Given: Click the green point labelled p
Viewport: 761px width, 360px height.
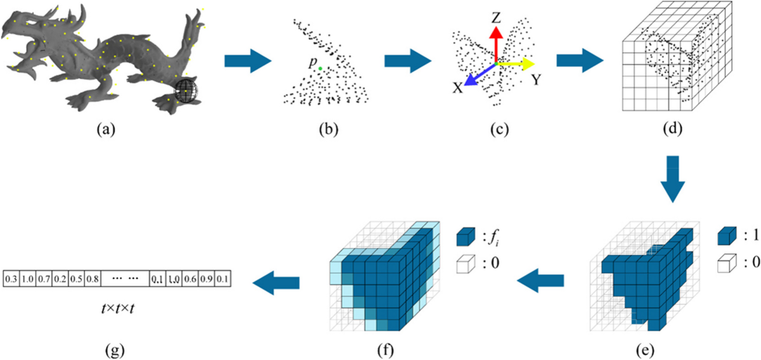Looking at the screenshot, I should (x=321, y=68).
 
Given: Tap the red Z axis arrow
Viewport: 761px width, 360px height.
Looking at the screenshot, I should (x=497, y=44).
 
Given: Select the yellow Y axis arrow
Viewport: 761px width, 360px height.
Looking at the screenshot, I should (x=517, y=63).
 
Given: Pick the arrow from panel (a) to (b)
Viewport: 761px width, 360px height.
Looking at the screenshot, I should (x=248, y=63).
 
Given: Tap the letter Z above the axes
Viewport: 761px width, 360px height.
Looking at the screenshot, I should (x=497, y=18).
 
